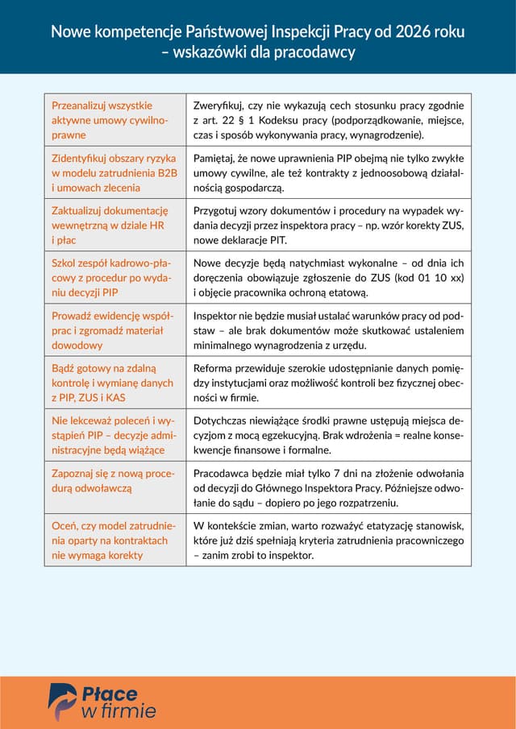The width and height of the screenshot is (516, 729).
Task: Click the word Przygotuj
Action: [217, 210]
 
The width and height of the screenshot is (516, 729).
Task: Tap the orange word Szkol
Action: [64, 263]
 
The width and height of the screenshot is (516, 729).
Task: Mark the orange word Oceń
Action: [64, 525]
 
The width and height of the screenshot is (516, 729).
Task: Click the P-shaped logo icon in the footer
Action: [62, 700]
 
